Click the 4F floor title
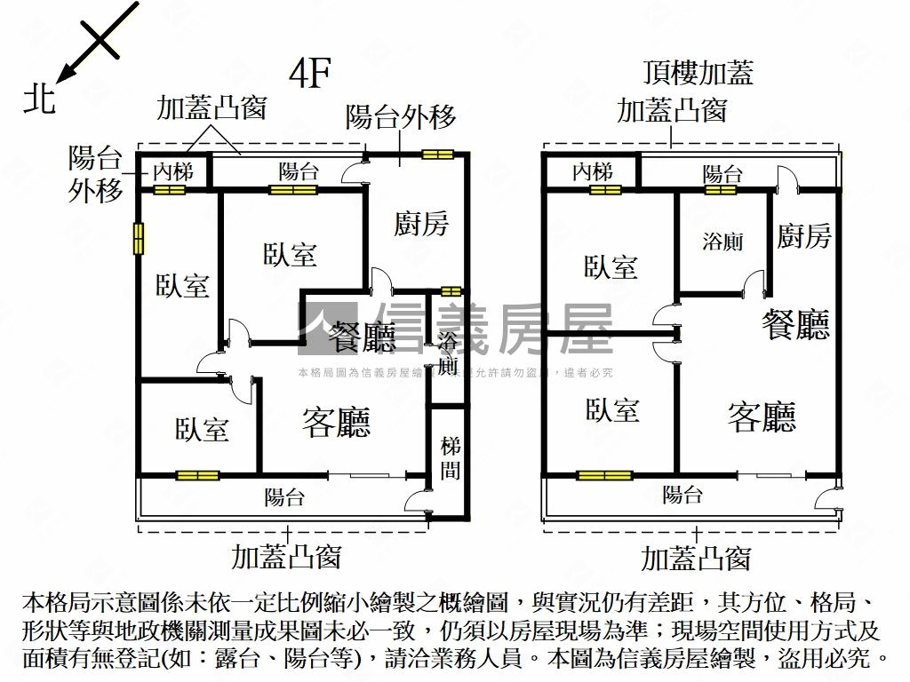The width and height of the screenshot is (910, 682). tap(310, 74)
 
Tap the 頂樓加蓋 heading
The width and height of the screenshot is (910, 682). tap(698, 72)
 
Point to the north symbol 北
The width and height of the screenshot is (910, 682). tap(39, 99)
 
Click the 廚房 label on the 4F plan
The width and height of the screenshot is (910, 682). tap(421, 224)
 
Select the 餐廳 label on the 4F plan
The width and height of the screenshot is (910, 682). tap(362, 336)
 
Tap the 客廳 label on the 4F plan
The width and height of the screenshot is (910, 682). tap(336, 422)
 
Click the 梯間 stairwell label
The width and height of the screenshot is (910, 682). tap(450, 458)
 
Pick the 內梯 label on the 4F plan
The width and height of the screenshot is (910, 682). tap(172, 171)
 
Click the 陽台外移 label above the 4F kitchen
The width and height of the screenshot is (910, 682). tap(401, 116)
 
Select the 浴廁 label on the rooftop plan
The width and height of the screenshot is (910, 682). tap(722, 241)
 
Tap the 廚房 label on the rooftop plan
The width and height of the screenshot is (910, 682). tap(804, 236)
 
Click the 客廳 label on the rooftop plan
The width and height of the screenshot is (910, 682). tap(762, 416)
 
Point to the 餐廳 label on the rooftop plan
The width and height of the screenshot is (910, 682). tap(795, 325)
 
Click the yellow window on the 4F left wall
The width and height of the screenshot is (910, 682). tap(139, 239)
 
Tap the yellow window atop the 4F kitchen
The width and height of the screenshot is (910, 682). tap(437, 154)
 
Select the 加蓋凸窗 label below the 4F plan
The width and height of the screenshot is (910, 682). tap(286, 557)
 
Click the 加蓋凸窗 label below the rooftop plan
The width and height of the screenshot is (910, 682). tap(696, 558)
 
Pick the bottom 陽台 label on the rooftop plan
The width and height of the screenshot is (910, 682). tap(682, 495)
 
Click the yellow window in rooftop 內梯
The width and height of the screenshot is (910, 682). tap(605, 189)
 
